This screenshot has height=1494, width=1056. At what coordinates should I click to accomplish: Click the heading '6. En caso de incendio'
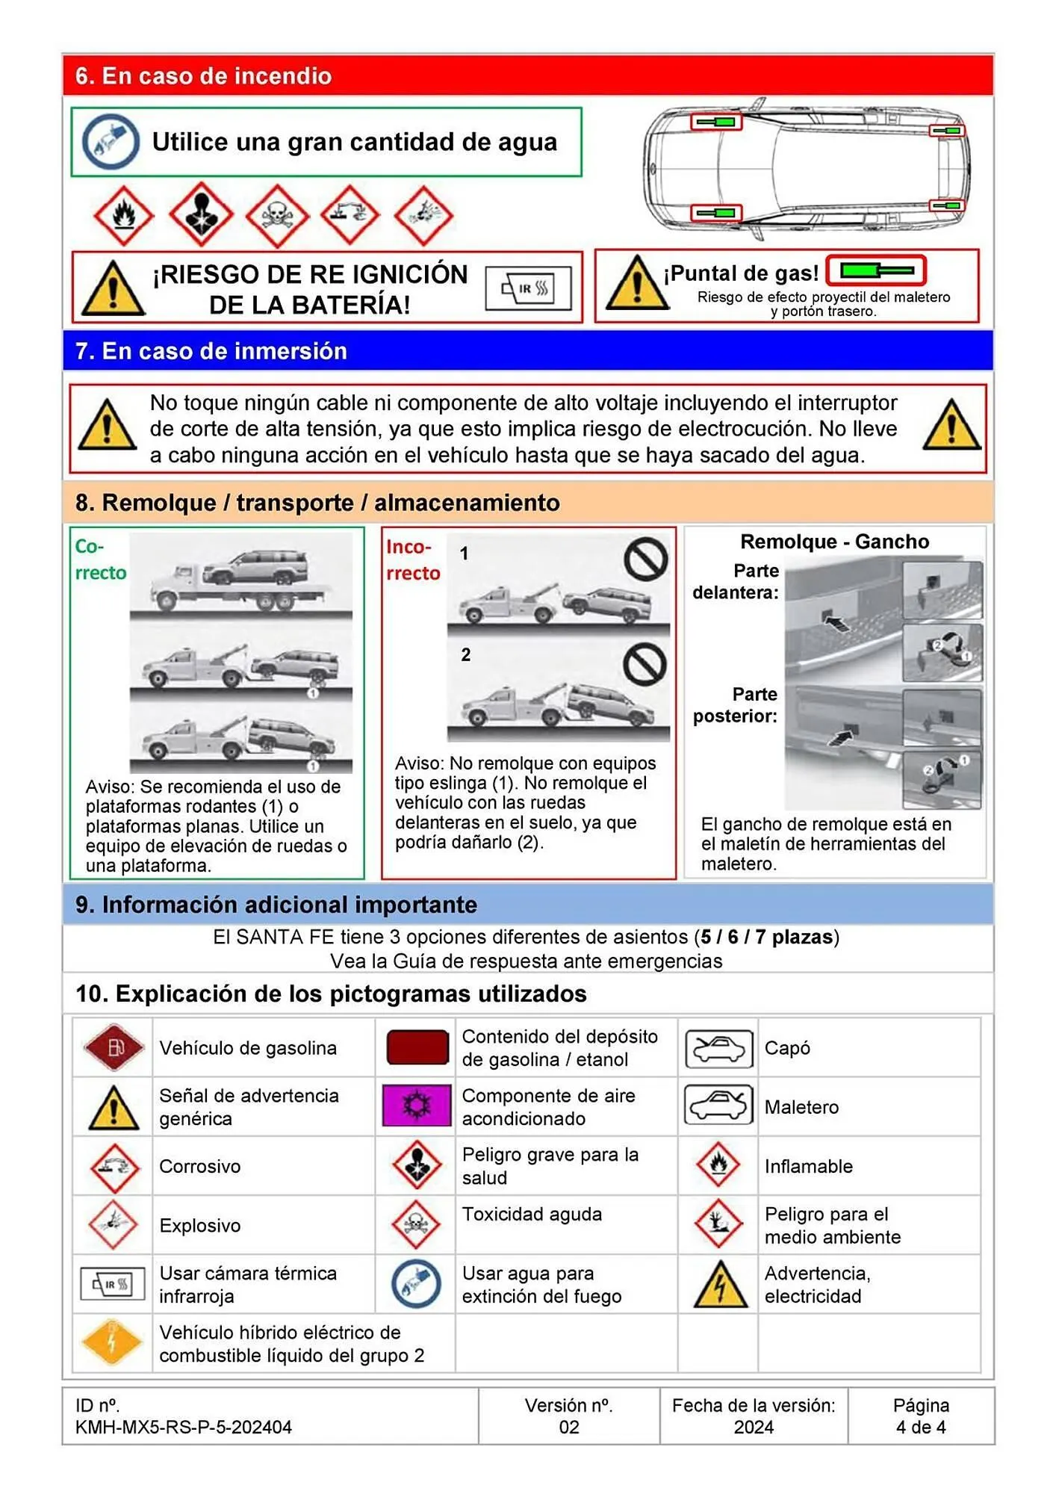(203, 76)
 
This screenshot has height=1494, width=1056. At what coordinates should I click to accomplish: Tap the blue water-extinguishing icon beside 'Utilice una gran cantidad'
(111, 142)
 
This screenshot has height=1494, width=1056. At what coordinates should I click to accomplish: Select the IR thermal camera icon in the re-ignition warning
(528, 288)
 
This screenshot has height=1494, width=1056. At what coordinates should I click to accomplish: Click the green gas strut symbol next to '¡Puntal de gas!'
(877, 270)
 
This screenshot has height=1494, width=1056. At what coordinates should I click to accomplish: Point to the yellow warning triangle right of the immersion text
(951, 426)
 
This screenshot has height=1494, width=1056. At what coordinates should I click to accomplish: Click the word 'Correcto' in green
(100, 560)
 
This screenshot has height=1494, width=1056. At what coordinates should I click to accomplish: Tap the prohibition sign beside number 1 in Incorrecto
(645, 559)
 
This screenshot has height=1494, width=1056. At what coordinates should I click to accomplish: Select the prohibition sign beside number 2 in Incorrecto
(645, 663)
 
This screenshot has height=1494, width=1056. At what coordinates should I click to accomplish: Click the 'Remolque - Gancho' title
(834, 542)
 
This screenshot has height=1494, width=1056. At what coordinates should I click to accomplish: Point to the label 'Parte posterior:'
(736, 705)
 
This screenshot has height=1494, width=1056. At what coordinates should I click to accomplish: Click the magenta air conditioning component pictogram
(417, 1106)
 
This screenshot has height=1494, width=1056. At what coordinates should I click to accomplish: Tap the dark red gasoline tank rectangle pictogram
(417, 1047)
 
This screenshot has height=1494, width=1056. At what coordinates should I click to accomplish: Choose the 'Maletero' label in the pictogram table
(801, 1107)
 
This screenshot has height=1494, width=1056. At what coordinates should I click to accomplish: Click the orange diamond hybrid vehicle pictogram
(112, 1342)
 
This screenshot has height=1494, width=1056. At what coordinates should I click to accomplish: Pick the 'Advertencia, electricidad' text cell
(817, 1284)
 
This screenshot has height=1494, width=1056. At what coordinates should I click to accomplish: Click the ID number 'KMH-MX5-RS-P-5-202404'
(183, 1427)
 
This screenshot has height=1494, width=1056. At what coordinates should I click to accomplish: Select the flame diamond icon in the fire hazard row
(123, 215)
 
